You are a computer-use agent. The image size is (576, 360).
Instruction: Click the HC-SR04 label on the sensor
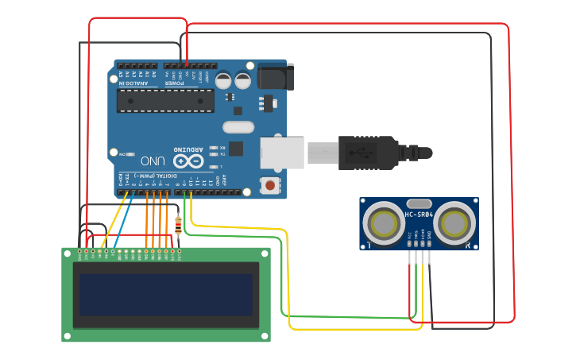click(x=419, y=215)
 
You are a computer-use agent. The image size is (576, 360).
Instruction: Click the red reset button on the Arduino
click(x=270, y=186)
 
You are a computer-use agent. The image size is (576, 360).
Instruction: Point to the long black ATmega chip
click(x=165, y=100)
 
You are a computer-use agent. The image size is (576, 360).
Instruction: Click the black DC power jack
click(x=274, y=77)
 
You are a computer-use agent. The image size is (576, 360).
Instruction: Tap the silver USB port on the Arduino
click(x=282, y=152)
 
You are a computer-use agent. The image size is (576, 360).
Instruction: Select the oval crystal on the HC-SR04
click(x=419, y=204)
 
